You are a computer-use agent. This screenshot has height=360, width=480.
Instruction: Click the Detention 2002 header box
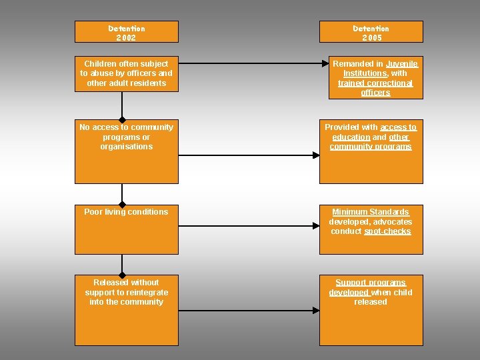pyautogui.click(x=126, y=32)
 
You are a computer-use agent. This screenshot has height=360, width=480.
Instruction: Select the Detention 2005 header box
pyautogui.click(x=371, y=32)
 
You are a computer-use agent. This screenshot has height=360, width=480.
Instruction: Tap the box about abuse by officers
pyautogui.click(x=126, y=74)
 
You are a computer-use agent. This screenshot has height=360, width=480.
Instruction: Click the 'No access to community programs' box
pyautogui.click(x=126, y=151)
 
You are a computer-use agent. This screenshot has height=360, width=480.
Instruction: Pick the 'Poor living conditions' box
pyautogui.click(x=126, y=229)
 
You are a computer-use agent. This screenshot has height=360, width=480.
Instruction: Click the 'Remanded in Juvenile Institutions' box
pyautogui.click(x=371, y=78)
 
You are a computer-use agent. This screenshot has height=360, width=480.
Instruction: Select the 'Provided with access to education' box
pyautogui.click(x=371, y=151)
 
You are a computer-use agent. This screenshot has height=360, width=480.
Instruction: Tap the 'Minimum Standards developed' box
pyautogui.click(x=371, y=229)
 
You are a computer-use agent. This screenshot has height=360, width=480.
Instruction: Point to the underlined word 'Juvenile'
pyautogui.click(x=401, y=64)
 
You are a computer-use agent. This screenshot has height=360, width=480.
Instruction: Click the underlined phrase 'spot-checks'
pyautogui.click(x=387, y=231)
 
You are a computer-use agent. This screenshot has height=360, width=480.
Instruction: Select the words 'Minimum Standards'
pyautogui.click(x=371, y=212)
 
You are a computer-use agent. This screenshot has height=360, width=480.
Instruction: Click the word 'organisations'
pyautogui.click(x=126, y=147)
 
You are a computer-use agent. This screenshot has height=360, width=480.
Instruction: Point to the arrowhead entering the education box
pyautogui.click(x=317, y=155)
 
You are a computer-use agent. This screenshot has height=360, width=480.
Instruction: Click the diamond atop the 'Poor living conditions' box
pyautogui.click(x=122, y=205)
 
